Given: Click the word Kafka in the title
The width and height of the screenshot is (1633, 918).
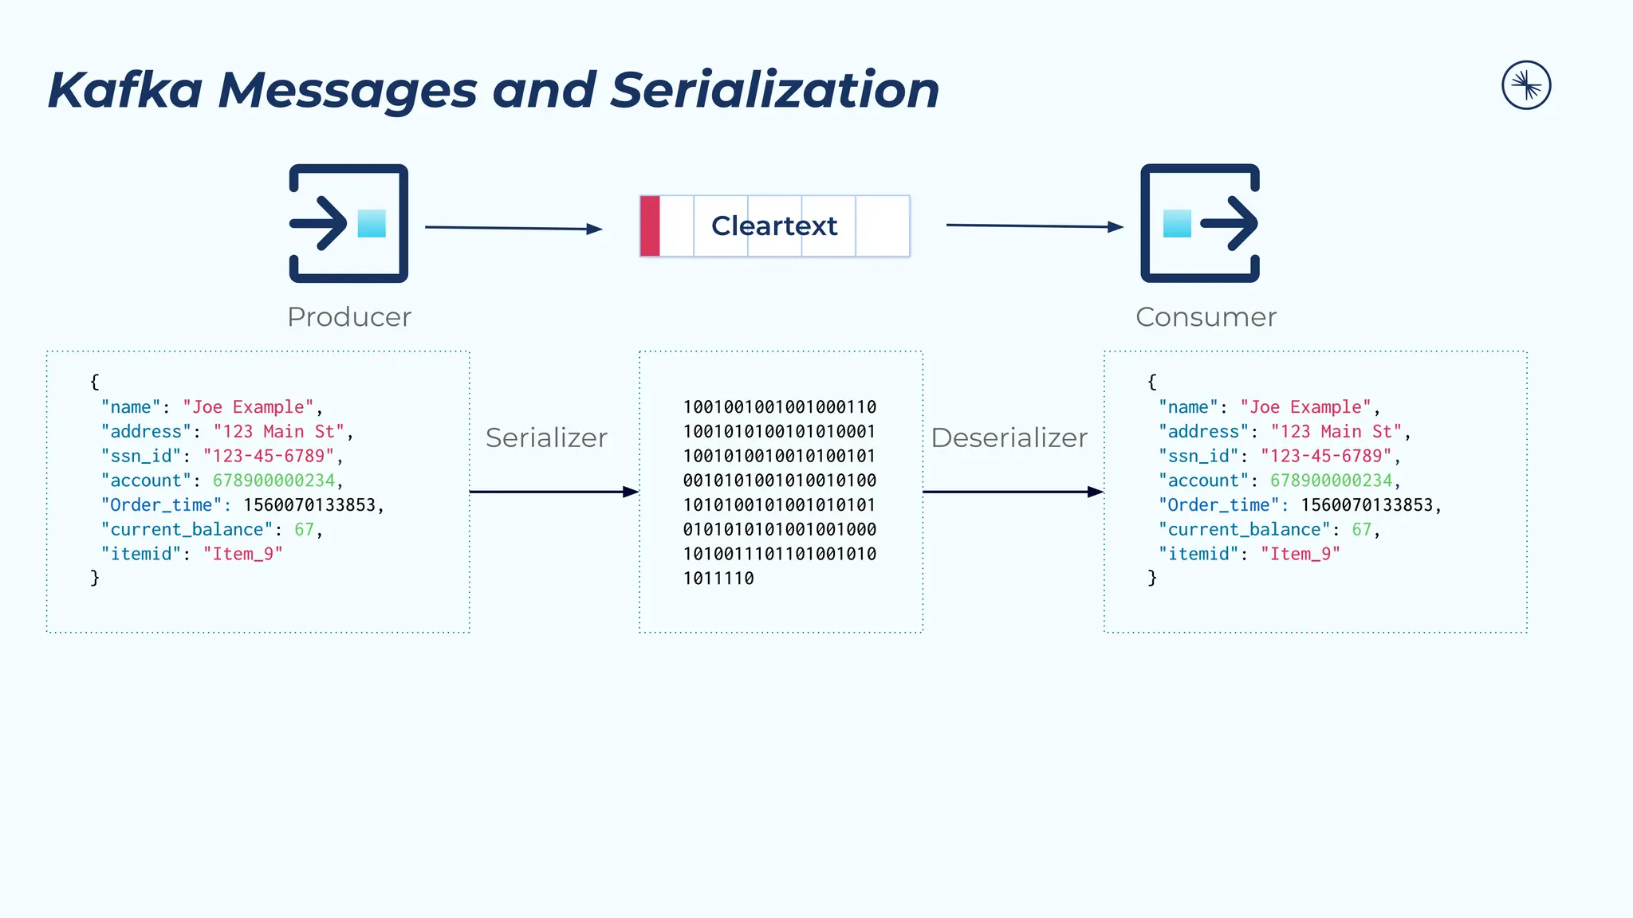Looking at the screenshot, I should click(125, 89).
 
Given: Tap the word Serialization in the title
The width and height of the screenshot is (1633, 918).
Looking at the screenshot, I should click(774, 89).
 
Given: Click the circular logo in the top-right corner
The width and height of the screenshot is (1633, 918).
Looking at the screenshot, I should click(1526, 85).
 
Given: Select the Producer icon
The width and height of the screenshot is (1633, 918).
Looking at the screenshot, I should click(348, 223).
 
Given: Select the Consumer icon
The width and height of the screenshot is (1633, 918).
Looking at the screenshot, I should click(1200, 223).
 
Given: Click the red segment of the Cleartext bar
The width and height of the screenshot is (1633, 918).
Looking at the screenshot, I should click(650, 226).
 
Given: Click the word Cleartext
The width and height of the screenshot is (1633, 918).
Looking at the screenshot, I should click(774, 226).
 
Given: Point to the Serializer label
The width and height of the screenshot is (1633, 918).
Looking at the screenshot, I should click(546, 437).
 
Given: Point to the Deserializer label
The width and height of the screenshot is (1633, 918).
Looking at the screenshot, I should click(1009, 437).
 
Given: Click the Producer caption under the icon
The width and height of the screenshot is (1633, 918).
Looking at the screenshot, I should click(349, 317).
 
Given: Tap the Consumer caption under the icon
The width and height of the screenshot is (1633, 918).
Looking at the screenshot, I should click(1206, 317).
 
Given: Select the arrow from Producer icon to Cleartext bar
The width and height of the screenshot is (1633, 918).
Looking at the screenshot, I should click(514, 229).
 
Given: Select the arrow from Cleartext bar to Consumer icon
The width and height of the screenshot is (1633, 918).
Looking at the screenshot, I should click(1034, 226).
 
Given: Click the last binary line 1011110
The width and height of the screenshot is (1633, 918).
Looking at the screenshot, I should click(718, 579).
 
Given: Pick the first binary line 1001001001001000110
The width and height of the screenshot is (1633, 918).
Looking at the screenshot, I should click(780, 407).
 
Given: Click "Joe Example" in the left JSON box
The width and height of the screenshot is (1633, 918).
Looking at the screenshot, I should click(248, 407).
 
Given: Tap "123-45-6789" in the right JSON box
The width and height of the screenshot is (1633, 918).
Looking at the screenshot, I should click(1325, 456).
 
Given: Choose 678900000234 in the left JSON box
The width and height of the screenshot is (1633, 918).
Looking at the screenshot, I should click(273, 481).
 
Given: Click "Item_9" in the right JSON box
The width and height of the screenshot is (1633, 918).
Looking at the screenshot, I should click(1300, 554).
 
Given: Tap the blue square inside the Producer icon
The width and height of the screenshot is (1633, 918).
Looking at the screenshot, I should click(372, 223).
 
